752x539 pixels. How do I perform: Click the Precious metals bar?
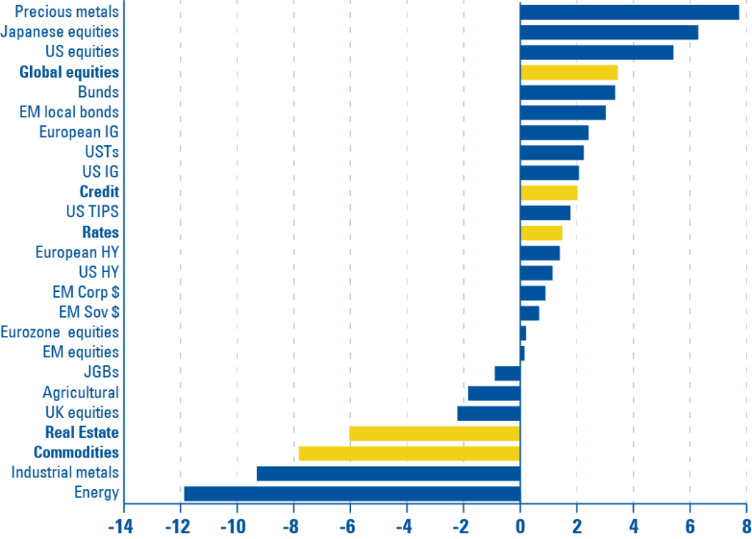629,12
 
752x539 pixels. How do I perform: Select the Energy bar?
351,493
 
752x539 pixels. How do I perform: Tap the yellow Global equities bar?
569,73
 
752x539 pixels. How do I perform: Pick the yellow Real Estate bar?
434,433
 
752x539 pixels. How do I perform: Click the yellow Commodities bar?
409,453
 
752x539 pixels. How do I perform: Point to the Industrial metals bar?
388,473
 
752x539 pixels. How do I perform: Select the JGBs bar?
507,373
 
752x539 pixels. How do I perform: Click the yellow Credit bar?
549,193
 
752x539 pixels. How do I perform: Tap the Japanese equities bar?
610,32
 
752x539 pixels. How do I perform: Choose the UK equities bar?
488,413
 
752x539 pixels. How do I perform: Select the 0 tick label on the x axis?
520,527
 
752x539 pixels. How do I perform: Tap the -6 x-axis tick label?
347,527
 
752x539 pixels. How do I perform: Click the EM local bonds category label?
69,112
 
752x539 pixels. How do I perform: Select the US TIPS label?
92,213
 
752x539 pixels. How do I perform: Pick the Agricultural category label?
80,392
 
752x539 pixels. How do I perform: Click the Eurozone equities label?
59,332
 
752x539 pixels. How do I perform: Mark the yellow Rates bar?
542,233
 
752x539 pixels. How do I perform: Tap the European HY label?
77,252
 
